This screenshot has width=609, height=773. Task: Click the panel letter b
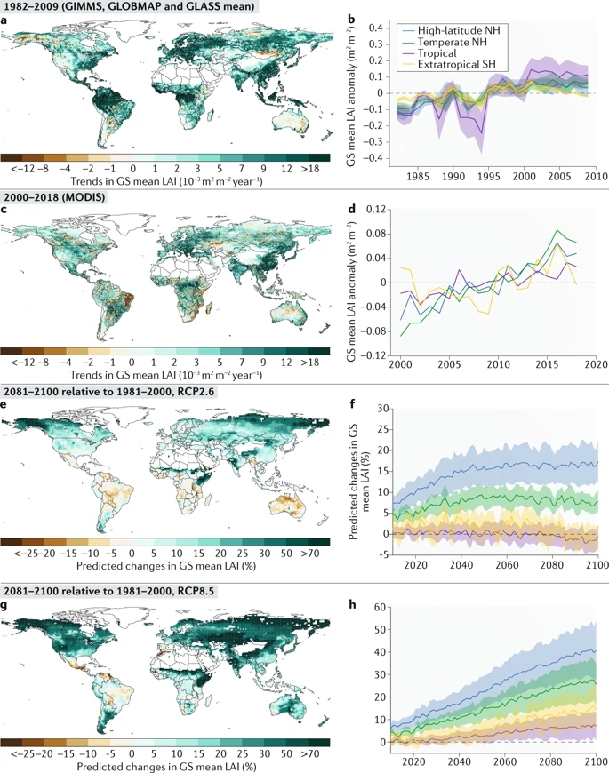(x=353, y=20)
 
